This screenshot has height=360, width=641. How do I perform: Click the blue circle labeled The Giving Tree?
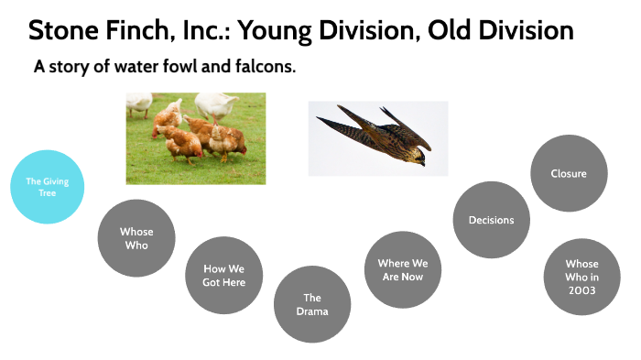47,187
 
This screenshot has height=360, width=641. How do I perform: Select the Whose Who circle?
136,238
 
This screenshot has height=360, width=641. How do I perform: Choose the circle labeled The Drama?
312,304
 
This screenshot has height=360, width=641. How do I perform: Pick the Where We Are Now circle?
402,270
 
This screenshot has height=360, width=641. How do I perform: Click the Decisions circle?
491,220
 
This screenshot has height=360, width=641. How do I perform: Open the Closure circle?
569,173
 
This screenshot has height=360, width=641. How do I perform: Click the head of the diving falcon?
418,157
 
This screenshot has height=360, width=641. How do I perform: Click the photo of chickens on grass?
196,137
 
